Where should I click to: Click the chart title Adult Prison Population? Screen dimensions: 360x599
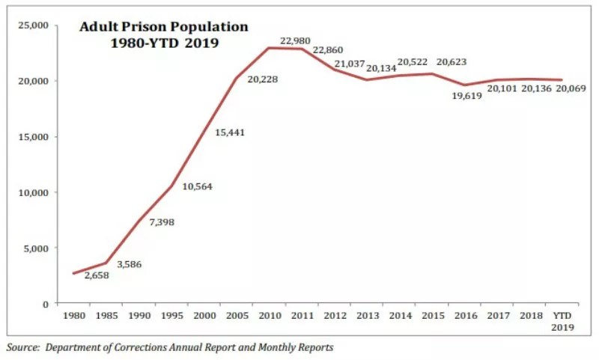tap(164, 27)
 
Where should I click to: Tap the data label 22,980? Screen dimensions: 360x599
tap(295, 40)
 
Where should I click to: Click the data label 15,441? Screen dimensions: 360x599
tap(230, 132)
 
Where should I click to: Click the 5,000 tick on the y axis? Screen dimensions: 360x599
tap(35, 248)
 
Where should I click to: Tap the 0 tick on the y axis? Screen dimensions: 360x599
tap(45, 304)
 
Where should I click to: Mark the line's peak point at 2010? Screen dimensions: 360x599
tap(267, 48)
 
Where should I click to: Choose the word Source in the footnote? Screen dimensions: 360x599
tap(23, 347)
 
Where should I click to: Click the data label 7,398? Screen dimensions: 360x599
tap(162, 223)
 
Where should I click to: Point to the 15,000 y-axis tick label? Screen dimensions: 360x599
tap(33, 136)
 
